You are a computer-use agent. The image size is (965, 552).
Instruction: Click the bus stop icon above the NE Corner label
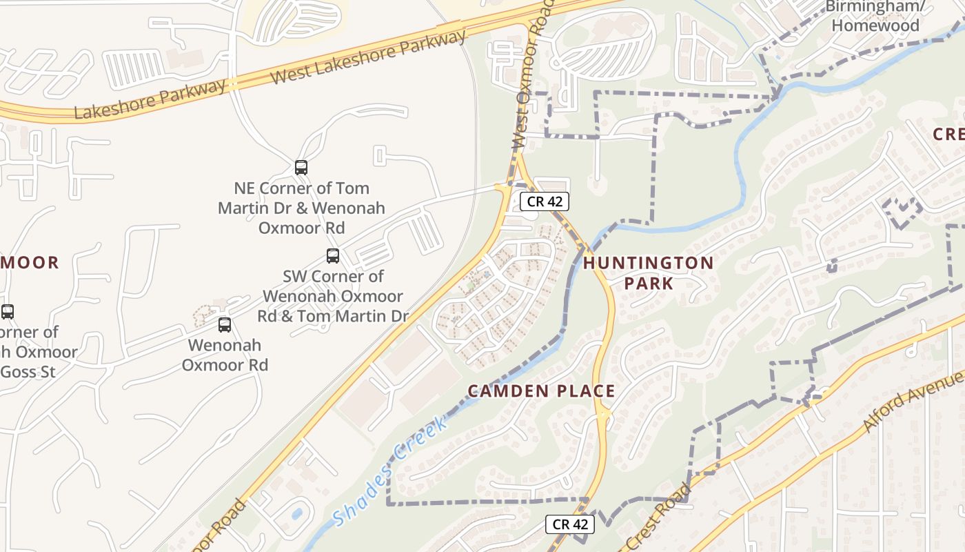click(x=301, y=167)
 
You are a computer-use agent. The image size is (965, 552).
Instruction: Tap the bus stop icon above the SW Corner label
click(x=333, y=256)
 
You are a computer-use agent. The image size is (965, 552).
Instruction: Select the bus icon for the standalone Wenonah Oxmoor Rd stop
click(x=225, y=325)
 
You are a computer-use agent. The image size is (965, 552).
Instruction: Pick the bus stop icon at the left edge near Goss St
click(x=7, y=312)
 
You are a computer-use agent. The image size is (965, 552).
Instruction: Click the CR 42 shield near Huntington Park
click(x=544, y=201)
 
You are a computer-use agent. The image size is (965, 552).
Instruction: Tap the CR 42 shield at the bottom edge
click(x=570, y=524)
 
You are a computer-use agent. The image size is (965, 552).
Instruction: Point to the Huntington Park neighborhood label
click(x=649, y=273)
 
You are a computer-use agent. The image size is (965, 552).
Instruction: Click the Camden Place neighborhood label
click(x=541, y=391)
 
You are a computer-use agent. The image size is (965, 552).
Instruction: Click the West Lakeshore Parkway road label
click(x=368, y=58)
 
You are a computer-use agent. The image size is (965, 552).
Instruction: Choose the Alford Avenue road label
click(x=913, y=402)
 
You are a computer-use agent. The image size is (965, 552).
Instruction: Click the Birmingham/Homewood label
click(x=875, y=16)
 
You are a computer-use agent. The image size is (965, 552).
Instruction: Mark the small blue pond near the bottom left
click(x=296, y=514)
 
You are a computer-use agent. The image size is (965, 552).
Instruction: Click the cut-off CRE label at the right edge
click(x=948, y=134)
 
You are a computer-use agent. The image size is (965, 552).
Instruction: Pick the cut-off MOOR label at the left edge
click(x=29, y=262)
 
